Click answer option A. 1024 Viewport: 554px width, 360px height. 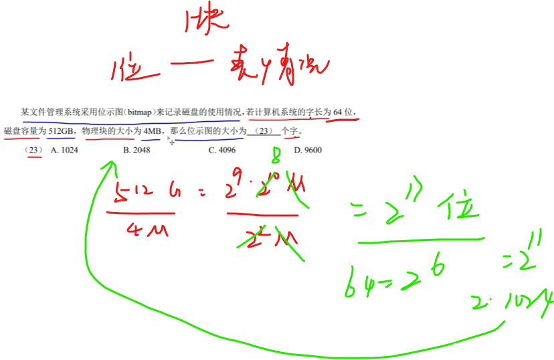click(64, 150)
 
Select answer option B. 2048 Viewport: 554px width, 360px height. click(136, 150)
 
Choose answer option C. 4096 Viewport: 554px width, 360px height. click(221, 150)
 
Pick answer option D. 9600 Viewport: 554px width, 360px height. click(308, 150)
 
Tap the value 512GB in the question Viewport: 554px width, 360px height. click(62, 130)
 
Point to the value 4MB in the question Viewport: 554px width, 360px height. click(152, 130)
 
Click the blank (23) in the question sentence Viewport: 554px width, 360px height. click(264, 130)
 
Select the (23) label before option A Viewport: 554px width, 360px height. click(33, 150)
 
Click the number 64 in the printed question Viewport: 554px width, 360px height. click(341, 111)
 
